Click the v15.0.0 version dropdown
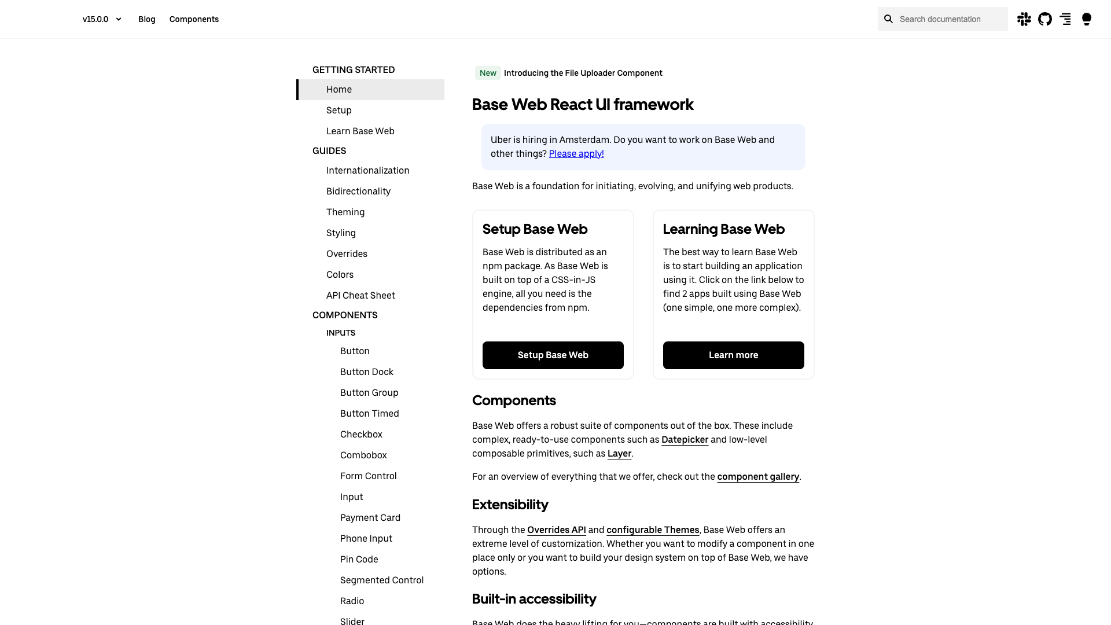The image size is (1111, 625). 102,19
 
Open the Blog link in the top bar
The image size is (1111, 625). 147,19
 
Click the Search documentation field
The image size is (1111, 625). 949,19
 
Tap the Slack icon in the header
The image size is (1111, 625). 1024,19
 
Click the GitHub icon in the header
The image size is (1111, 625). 1045,19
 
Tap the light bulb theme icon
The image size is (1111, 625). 1087,19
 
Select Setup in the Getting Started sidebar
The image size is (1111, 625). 339,111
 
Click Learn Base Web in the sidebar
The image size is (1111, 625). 360,131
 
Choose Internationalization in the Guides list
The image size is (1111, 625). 368,171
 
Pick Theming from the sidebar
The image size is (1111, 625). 345,212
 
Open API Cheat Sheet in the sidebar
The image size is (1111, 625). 360,296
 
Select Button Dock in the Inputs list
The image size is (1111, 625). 367,372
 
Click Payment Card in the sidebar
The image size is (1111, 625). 370,518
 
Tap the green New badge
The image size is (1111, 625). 488,73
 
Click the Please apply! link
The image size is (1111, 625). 576,154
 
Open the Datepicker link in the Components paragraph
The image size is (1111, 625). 685,440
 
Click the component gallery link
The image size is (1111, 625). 758,477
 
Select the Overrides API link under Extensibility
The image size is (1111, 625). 557,530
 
